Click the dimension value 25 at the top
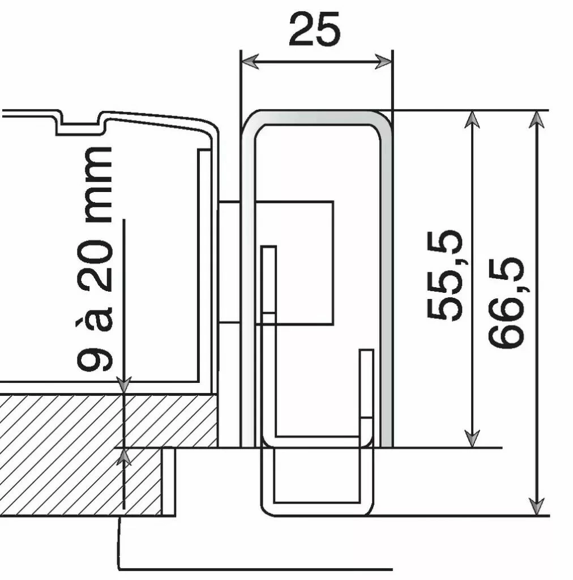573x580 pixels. (x=315, y=29)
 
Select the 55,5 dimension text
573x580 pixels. (x=444, y=275)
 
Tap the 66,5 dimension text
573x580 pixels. (x=507, y=303)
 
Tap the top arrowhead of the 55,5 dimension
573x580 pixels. (x=472, y=120)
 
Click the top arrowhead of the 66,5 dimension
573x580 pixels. (x=536, y=120)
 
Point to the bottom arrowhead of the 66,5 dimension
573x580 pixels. (x=536, y=506)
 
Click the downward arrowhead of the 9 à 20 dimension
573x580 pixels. (x=123, y=385)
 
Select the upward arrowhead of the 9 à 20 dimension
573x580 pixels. (x=123, y=457)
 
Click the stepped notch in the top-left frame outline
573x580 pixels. (x=79, y=127)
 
